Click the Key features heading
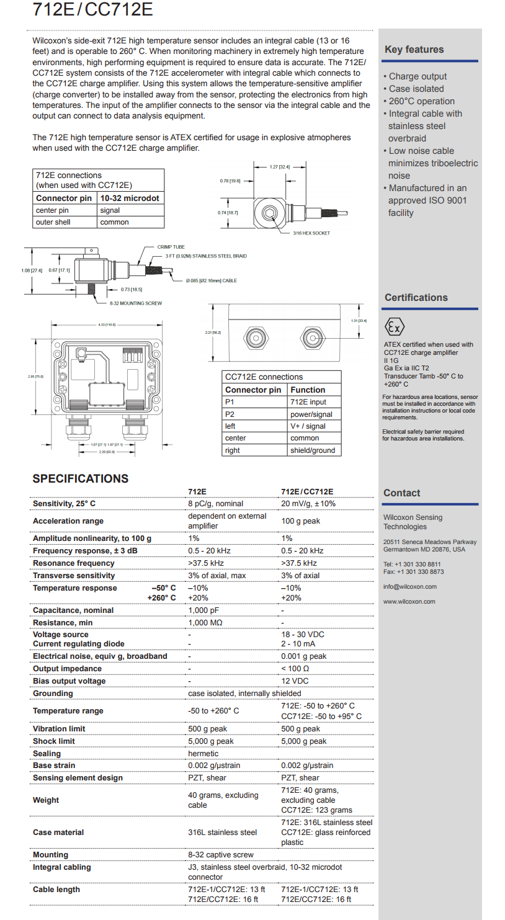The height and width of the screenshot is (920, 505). coord(414,50)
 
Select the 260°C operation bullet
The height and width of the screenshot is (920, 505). coord(421,101)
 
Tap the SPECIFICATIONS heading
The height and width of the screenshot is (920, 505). coord(81,478)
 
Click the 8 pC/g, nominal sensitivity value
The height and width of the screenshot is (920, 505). coord(215,504)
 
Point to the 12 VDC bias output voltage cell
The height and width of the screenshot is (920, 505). coord(295,681)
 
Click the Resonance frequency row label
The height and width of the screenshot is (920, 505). coord(73,563)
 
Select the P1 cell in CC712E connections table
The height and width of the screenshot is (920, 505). coord(230,402)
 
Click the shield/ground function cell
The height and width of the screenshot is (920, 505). coord(312,450)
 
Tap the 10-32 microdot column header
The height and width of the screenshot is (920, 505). coord(130,199)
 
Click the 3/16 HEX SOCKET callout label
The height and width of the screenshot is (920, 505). coord(311,233)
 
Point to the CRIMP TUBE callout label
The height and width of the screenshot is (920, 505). coord(171,247)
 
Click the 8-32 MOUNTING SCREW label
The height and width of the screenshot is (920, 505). coord(136,303)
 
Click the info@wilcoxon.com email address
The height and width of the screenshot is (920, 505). coord(409,587)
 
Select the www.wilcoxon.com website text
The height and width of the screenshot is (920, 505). coord(409,602)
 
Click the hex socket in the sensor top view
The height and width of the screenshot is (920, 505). coord(269,213)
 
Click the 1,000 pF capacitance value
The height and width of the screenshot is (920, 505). coord(203,610)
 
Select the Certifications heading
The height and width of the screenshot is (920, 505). coord(416,298)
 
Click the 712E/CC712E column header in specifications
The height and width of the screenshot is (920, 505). coord(307,491)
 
